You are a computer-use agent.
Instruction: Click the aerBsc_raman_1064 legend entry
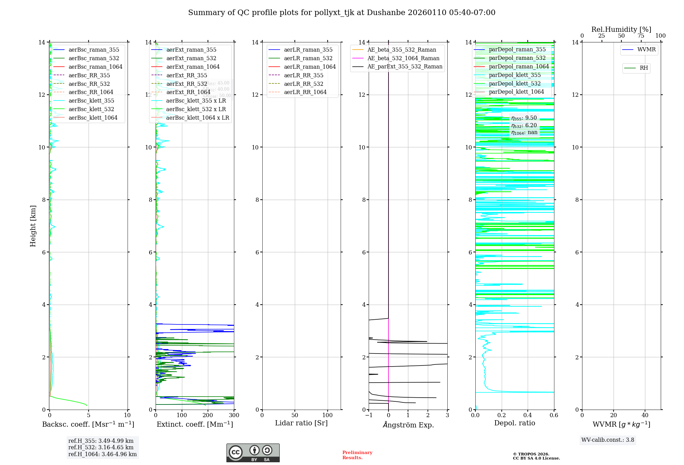[95, 67]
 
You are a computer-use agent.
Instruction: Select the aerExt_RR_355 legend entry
[186, 75]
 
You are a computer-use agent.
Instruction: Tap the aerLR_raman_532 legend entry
[308, 58]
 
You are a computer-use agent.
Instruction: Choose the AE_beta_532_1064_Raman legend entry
[403, 58]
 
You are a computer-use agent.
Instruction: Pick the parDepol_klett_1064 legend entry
[516, 92]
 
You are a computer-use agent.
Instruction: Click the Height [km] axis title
[33, 226]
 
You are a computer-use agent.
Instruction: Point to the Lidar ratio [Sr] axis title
[301, 423]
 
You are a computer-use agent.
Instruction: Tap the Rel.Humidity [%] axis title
[621, 29]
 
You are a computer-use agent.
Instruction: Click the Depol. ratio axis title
[514, 423]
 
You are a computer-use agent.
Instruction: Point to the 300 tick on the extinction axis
[234, 415]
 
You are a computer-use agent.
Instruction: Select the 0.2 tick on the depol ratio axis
[501, 415]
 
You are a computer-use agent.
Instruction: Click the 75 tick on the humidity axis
[641, 36]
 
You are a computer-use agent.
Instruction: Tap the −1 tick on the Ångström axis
[369, 415]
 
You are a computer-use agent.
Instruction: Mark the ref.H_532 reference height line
[101, 447]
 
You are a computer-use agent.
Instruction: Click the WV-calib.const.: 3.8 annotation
[608, 440]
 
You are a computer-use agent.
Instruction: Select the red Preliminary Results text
[357, 455]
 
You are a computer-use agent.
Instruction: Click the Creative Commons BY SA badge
[253, 453]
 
